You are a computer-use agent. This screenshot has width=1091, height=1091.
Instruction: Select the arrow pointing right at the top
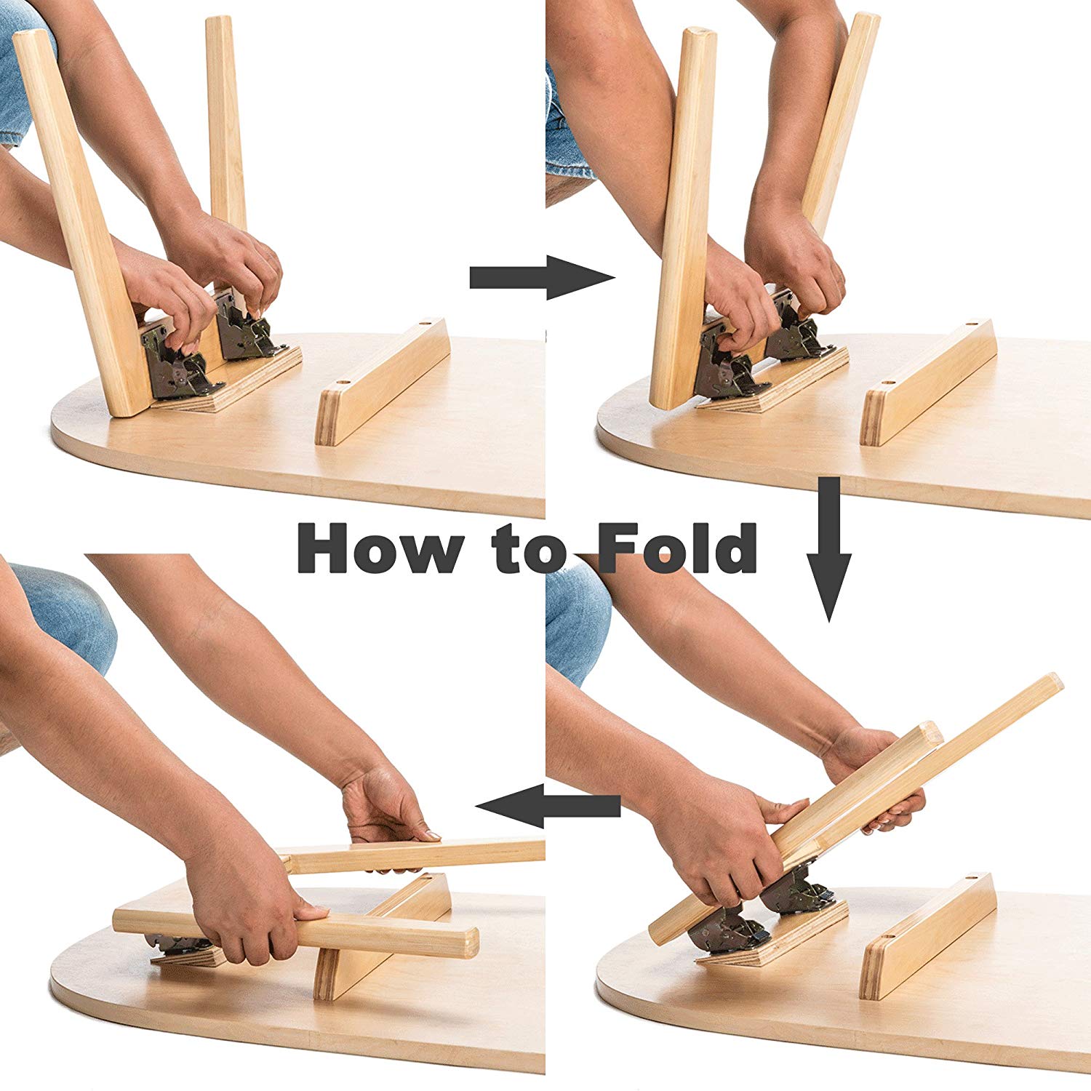pos(543,277)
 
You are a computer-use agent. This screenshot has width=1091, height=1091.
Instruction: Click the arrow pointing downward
pos(828,549)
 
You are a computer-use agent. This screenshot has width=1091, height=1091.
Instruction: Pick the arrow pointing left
pos(548,805)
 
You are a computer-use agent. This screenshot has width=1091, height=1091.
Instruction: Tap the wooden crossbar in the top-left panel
pos(383,382)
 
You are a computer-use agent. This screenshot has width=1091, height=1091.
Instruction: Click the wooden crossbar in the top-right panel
pos(928,382)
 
